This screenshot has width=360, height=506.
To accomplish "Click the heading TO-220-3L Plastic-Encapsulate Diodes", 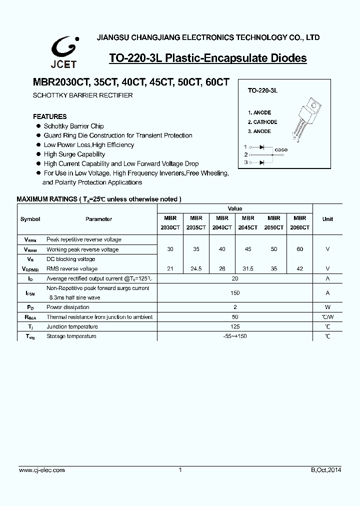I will coord(207,58).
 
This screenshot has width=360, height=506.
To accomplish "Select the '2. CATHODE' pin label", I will coord(262,122).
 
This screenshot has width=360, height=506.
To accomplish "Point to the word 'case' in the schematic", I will coord(281,150).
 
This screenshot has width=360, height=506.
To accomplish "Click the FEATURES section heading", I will coord(49,116).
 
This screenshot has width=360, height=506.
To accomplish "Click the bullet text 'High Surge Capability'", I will coord(74,154).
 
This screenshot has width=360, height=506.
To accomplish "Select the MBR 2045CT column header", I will coord(248,222).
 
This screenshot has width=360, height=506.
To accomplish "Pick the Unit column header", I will coord(327,219).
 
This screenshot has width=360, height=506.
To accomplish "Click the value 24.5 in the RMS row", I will coord(196,268).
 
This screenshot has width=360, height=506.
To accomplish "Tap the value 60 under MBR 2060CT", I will coord(299,249).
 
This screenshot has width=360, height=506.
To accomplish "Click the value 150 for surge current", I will coord(235,293).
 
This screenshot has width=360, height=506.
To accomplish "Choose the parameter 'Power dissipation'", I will coord(68,307).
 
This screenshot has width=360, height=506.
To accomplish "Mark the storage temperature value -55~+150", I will coord(235,336).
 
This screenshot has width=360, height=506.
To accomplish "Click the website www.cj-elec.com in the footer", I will coord(41,470).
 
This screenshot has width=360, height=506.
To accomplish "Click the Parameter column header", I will coord(98,219).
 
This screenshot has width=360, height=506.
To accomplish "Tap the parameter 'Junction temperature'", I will coord(72,326).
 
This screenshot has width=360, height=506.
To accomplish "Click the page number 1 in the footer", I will coord(179,470).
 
